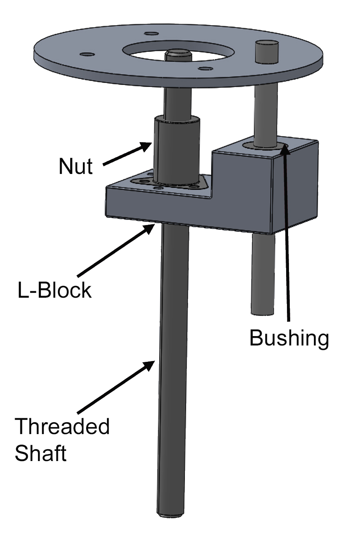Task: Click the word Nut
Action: (x=76, y=166)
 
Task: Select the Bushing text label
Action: (x=289, y=338)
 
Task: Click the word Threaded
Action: (x=62, y=427)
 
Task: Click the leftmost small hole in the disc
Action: (x=87, y=54)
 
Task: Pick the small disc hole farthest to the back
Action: (x=151, y=33)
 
